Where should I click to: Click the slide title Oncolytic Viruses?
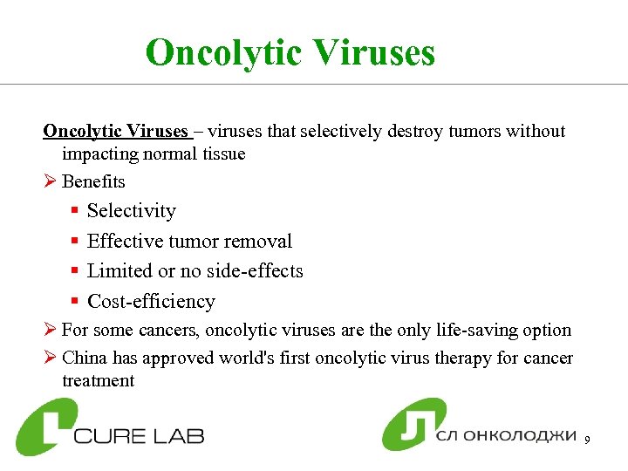pyautogui.click(x=290, y=52)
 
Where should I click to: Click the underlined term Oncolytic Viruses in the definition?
pyautogui.click(x=116, y=132)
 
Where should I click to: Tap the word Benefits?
pyautogui.click(x=93, y=182)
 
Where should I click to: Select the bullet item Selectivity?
pyautogui.click(x=132, y=211)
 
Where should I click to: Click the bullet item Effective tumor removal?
pyautogui.click(x=189, y=242)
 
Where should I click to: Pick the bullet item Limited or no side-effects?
pyautogui.click(x=195, y=271)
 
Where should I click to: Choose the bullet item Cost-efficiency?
pyautogui.click(x=151, y=302)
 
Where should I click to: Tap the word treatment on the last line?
pyautogui.click(x=98, y=381)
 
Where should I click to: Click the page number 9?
pyautogui.click(x=588, y=440)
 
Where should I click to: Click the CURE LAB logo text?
pyautogui.click(x=140, y=434)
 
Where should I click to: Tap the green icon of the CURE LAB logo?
pyautogui.click(x=45, y=427)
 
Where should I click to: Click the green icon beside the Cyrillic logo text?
pyautogui.click(x=413, y=425)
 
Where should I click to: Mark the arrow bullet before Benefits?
pyautogui.click(x=50, y=182)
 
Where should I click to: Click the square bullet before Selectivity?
pyautogui.click(x=76, y=212)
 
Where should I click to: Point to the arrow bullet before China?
pyautogui.click(x=50, y=358)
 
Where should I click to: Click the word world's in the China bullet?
pyautogui.click(x=282, y=358)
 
